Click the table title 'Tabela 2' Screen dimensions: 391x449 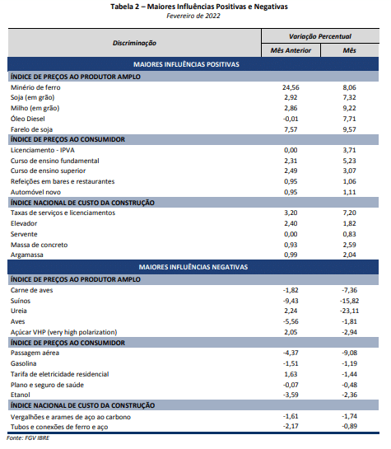click(125, 7)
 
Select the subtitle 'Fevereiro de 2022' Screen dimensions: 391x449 click(193, 16)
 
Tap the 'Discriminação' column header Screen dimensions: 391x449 click(134, 43)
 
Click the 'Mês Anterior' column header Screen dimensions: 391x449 click(291, 51)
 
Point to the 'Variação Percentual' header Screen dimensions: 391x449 click(320, 36)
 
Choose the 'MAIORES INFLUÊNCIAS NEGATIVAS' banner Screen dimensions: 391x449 click(193, 267)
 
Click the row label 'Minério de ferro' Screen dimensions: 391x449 click(35, 87)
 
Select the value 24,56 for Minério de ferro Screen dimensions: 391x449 click(291, 87)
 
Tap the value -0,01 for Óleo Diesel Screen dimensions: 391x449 click(291, 119)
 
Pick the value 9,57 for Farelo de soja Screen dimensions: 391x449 click(350, 129)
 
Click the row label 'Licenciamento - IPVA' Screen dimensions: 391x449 click(43, 150)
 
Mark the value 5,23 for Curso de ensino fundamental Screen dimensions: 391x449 click(350, 161)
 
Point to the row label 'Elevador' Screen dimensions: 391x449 click(24, 223)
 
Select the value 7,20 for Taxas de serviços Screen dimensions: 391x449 click(350, 213)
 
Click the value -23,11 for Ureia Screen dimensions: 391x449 click(350, 311)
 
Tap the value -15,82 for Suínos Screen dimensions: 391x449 click(350, 301)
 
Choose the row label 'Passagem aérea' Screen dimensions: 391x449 click(35, 353)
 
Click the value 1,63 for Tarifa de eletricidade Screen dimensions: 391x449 click(291, 374)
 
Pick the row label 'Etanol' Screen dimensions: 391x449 click(20, 395)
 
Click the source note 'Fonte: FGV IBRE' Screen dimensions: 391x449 click(28, 438)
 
